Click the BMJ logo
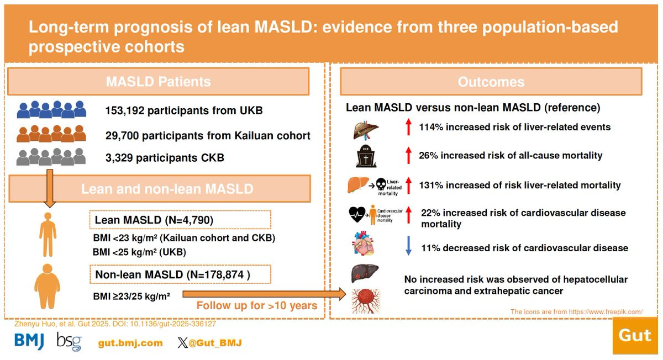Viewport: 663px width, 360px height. (29, 342)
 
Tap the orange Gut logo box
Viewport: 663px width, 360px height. (635, 335)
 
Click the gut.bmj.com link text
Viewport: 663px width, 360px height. (130, 343)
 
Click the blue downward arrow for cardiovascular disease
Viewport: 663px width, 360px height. (408, 248)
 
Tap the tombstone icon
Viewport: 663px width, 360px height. (365, 156)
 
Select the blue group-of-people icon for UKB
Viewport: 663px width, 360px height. (51, 110)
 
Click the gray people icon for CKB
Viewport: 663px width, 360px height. (51, 157)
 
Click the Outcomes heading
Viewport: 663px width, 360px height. (491, 82)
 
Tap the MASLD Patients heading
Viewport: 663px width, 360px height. (158, 82)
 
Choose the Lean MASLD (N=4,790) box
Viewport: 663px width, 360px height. (180, 220)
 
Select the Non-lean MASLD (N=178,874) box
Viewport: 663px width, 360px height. (180, 274)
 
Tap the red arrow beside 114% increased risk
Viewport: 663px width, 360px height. (408, 127)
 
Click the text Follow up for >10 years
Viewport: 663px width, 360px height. (256, 305)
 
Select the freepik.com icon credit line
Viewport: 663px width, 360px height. (576, 312)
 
